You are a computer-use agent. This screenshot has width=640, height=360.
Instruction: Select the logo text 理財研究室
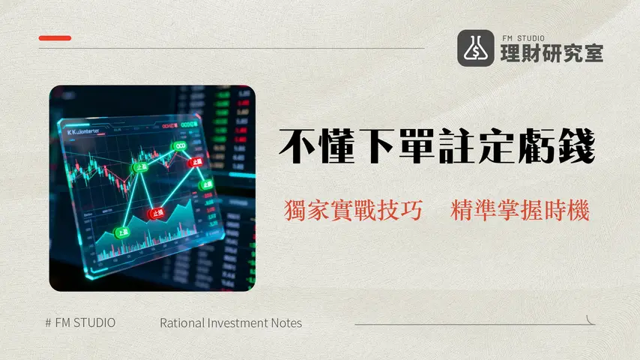551,53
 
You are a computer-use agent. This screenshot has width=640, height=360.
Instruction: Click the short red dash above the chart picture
55,37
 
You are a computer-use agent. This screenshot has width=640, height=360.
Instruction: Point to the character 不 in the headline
296,146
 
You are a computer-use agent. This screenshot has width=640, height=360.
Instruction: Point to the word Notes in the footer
286,323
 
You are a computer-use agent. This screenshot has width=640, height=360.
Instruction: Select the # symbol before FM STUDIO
48,323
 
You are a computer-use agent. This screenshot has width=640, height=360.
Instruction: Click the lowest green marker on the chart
121,233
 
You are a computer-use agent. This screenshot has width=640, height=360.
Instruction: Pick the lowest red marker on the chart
157,213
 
